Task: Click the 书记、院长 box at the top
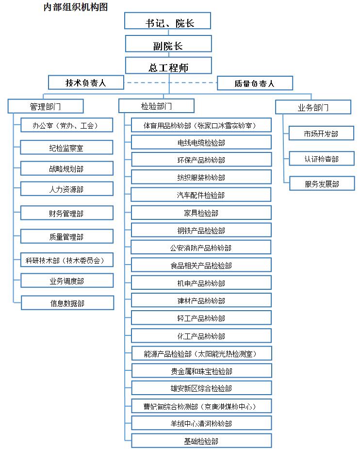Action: (x=168, y=20)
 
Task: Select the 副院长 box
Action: (x=168, y=44)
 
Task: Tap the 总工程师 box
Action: (x=168, y=66)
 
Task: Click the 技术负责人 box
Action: (x=86, y=83)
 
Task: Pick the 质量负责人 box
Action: (x=255, y=83)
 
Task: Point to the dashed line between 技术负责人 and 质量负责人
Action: (x=171, y=83)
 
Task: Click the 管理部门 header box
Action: (x=46, y=106)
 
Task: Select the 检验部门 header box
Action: (x=156, y=106)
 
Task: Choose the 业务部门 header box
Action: (x=313, y=107)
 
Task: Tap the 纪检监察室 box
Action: (x=66, y=147)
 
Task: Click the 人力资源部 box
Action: (x=66, y=189)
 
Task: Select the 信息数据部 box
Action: (x=67, y=303)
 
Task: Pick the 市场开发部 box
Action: (x=321, y=133)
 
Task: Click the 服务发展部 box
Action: (x=322, y=183)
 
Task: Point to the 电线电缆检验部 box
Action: (x=201, y=142)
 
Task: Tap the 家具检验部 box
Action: (x=201, y=213)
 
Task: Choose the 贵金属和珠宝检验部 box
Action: (x=201, y=371)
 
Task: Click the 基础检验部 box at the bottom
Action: (x=201, y=441)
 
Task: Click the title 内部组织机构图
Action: (x=76, y=7)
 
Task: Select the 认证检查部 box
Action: (x=322, y=158)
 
